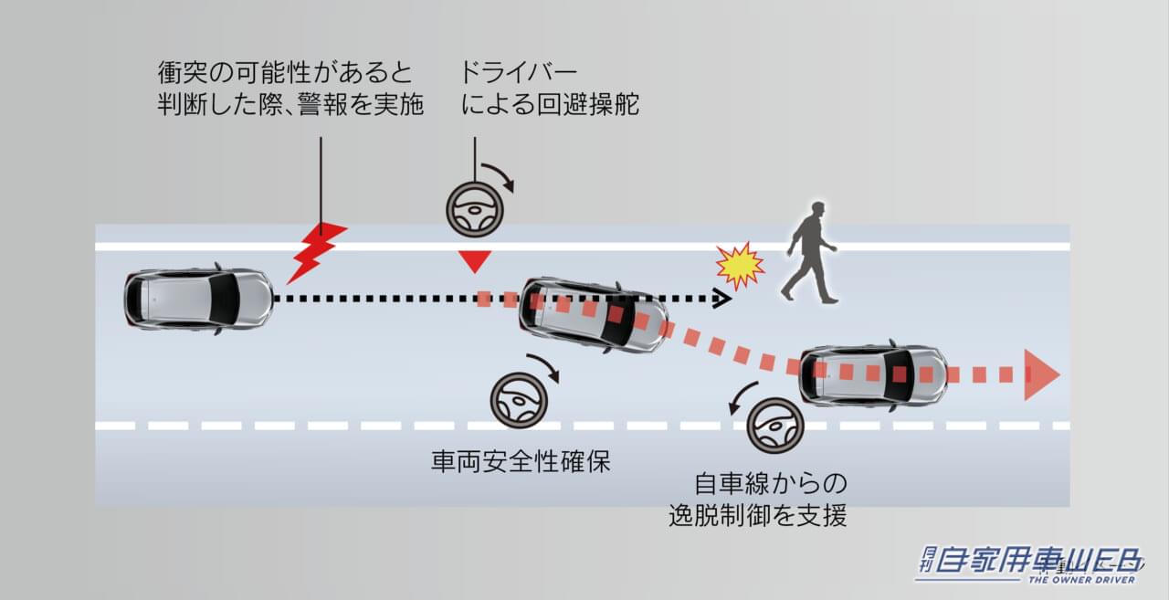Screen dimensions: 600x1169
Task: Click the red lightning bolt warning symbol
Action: point(315,250)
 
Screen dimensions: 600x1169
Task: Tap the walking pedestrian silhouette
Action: point(810,252)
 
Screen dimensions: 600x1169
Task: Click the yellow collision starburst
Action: point(739,266)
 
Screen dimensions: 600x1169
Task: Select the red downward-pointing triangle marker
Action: point(474,262)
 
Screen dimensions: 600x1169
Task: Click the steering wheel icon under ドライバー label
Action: point(474,210)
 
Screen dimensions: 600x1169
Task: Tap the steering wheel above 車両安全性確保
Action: point(519,400)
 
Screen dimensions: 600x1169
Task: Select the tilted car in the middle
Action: point(593,315)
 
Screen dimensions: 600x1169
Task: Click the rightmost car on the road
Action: point(873,374)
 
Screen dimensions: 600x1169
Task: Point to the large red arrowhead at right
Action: point(1040,374)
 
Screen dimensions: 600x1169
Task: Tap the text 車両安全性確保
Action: point(520,462)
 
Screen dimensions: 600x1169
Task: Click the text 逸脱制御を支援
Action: point(757,515)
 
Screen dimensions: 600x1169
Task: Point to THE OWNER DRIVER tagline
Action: point(1082,580)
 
